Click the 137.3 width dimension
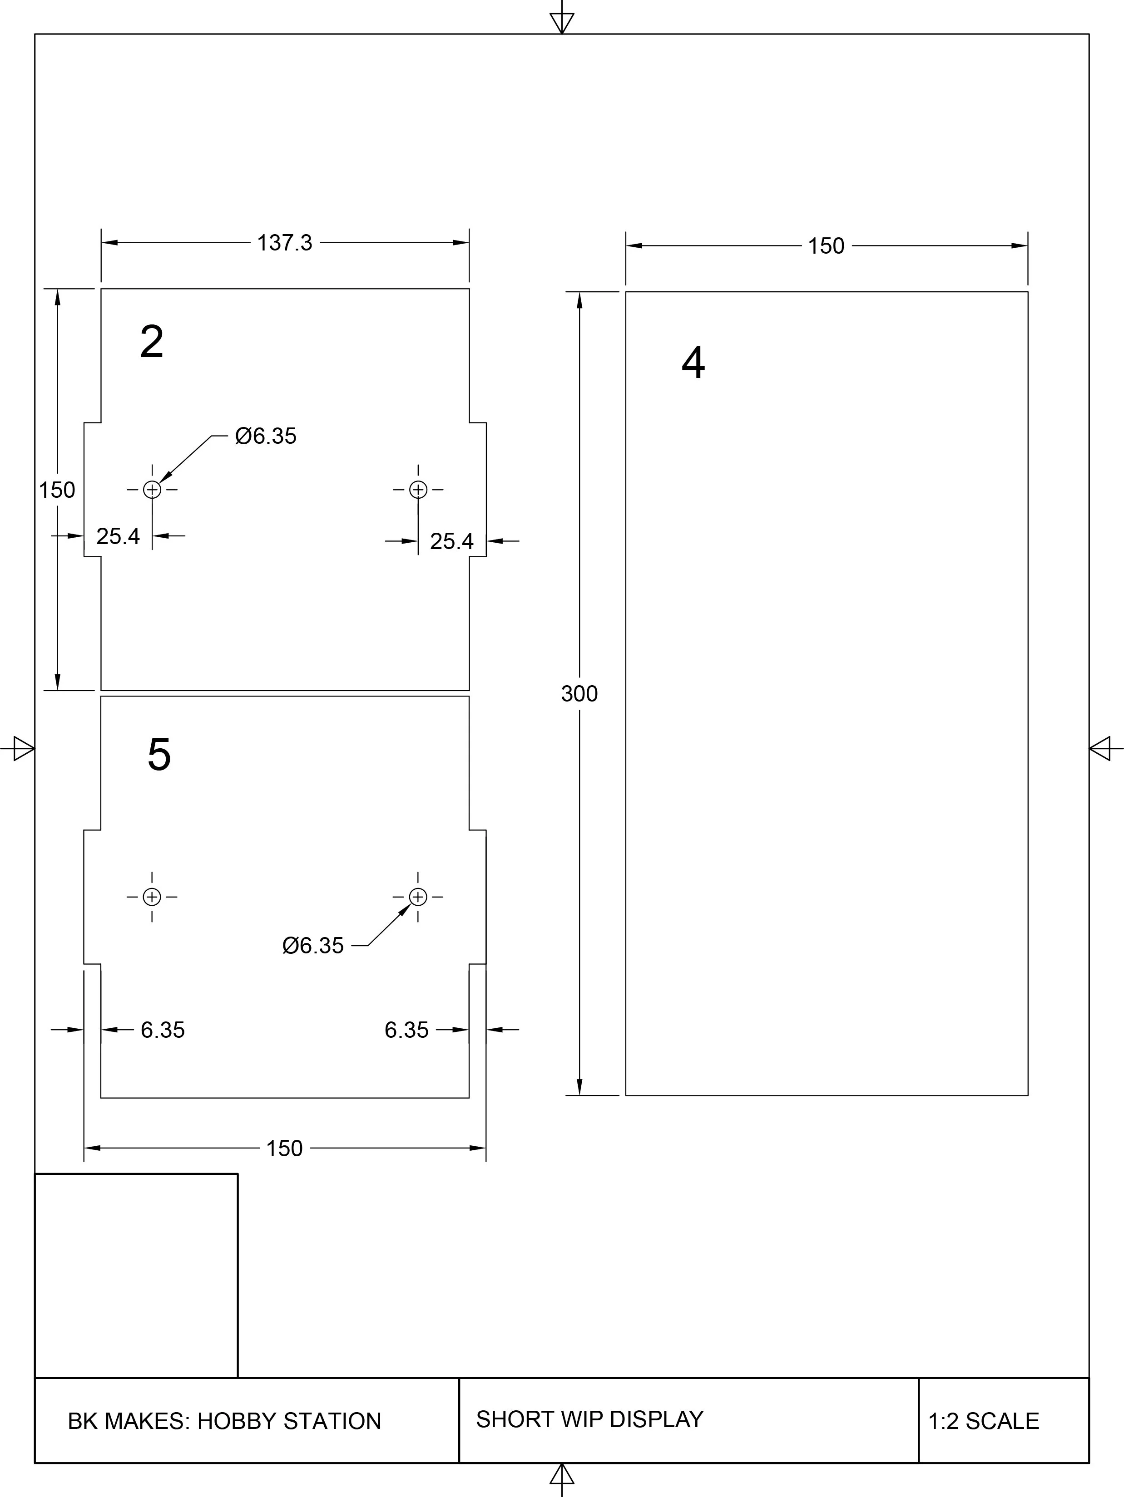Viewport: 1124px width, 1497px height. pyautogui.click(x=284, y=242)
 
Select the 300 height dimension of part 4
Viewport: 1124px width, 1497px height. pyautogui.click(x=579, y=694)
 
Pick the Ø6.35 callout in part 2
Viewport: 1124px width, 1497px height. pyautogui.click(x=265, y=436)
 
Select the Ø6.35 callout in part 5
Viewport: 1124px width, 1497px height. pyautogui.click(x=313, y=946)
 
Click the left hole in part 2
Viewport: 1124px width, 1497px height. pyautogui.click(x=152, y=489)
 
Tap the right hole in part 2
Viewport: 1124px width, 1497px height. pyautogui.click(x=418, y=489)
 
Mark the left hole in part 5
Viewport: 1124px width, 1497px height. pyautogui.click(x=152, y=897)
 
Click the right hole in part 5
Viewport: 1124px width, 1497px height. pyautogui.click(x=418, y=897)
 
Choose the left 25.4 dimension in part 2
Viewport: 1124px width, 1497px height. pyautogui.click(x=118, y=536)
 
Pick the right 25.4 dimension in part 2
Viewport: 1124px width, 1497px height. pyautogui.click(x=451, y=541)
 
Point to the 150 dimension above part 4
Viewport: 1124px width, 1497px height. pyautogui.click(x=826, y=245)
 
